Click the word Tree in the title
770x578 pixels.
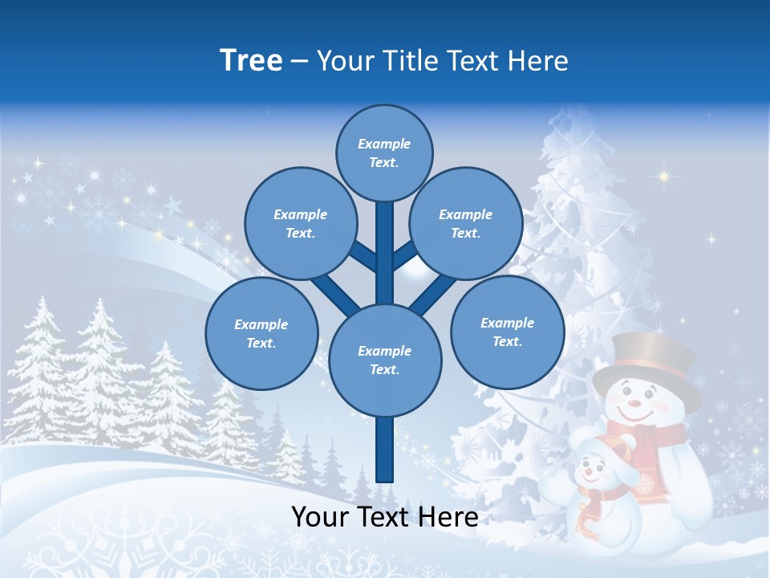pos(251,60)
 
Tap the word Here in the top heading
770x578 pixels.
pos(537,60)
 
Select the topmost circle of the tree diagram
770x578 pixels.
pos(384,153)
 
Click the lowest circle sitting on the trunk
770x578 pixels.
pos(385,360)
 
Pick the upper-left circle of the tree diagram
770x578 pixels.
pos(300,223)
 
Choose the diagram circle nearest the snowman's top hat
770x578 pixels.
pos(507,332)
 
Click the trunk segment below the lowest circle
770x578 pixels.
pos(385,450)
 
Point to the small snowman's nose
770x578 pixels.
pos(587,471)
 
